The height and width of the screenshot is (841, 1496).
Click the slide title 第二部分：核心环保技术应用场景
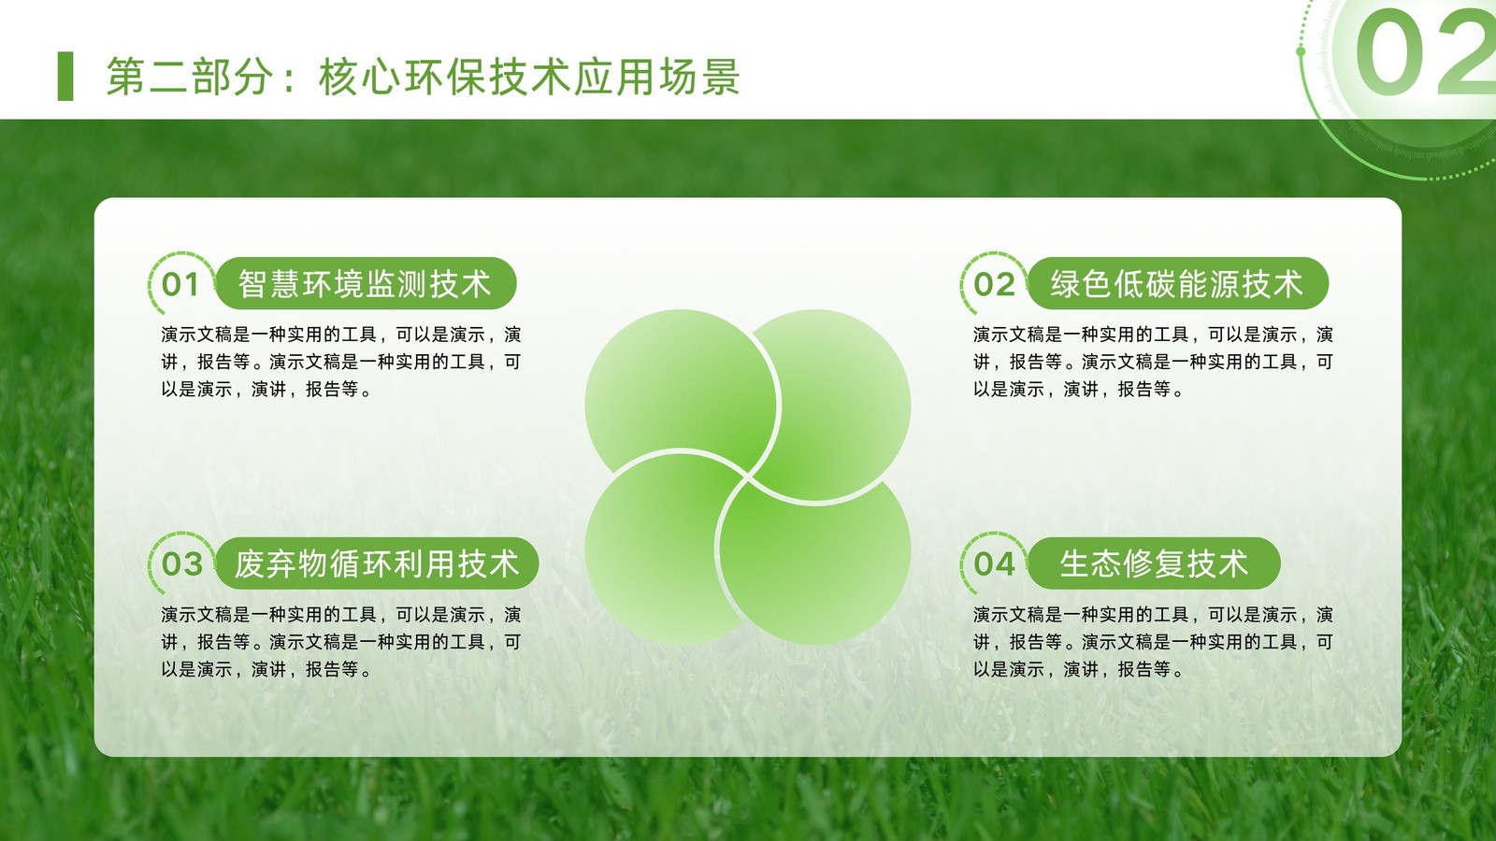pos(423,77)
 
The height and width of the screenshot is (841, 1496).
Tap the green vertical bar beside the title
pos(65,76)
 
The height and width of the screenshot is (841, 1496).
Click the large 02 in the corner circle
pos(1425,52)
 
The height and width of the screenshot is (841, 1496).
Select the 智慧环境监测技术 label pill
pos(366,283)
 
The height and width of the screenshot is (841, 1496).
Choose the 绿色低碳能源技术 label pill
pos(1177,283)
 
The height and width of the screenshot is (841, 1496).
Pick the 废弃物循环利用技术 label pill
pos(377,563)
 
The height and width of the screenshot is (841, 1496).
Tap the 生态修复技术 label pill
pos(1154,563)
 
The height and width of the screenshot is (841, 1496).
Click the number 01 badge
pos(180,284)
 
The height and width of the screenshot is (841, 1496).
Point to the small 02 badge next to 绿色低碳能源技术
pos(994,284)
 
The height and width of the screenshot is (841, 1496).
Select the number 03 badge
pos(181,564)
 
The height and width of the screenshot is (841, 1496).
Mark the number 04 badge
pos(994,564)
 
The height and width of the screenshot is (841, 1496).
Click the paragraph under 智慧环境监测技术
pos(340,362)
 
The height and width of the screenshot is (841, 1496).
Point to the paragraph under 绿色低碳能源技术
pos(1153,362)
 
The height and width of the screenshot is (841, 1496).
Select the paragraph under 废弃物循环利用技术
pos(340,642)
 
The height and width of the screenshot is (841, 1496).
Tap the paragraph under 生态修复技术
pos(1153,642)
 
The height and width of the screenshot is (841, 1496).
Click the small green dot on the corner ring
pos(1301,51)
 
